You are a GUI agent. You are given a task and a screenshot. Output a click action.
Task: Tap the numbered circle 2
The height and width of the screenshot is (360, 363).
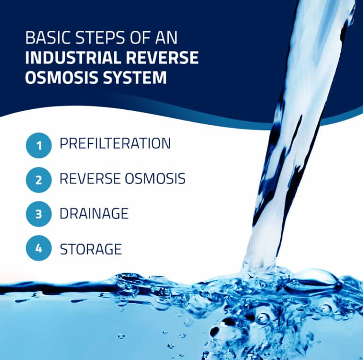point(38,180)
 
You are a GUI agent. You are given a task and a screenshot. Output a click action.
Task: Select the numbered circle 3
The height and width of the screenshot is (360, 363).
point(38,214)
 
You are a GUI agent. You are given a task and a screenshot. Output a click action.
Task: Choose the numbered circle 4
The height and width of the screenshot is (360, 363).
point(38,248)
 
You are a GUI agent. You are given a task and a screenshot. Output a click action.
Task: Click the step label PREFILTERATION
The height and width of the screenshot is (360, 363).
point(115,144)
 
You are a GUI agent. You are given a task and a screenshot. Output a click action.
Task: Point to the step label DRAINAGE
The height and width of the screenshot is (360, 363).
point(94,213)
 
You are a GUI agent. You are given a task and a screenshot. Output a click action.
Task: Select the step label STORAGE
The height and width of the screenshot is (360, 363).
point(90,248)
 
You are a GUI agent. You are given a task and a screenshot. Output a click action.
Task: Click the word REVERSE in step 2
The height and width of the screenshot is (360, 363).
point(90,179)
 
